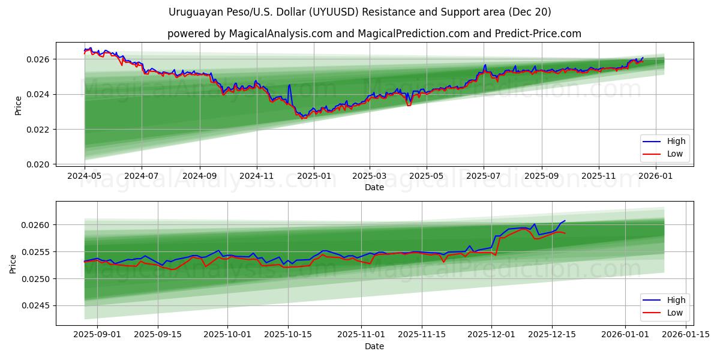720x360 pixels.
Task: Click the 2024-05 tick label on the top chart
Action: pos(85,177)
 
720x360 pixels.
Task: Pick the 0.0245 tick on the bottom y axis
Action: pos(38,306)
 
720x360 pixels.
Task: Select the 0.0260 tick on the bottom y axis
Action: pos(38,225)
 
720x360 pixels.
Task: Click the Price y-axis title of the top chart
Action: pos(18,105)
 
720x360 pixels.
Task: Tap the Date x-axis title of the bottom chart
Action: pos(374,346)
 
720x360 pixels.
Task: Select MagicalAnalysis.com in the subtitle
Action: pos(281,34)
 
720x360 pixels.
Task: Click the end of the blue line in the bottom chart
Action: pos(565,220)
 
